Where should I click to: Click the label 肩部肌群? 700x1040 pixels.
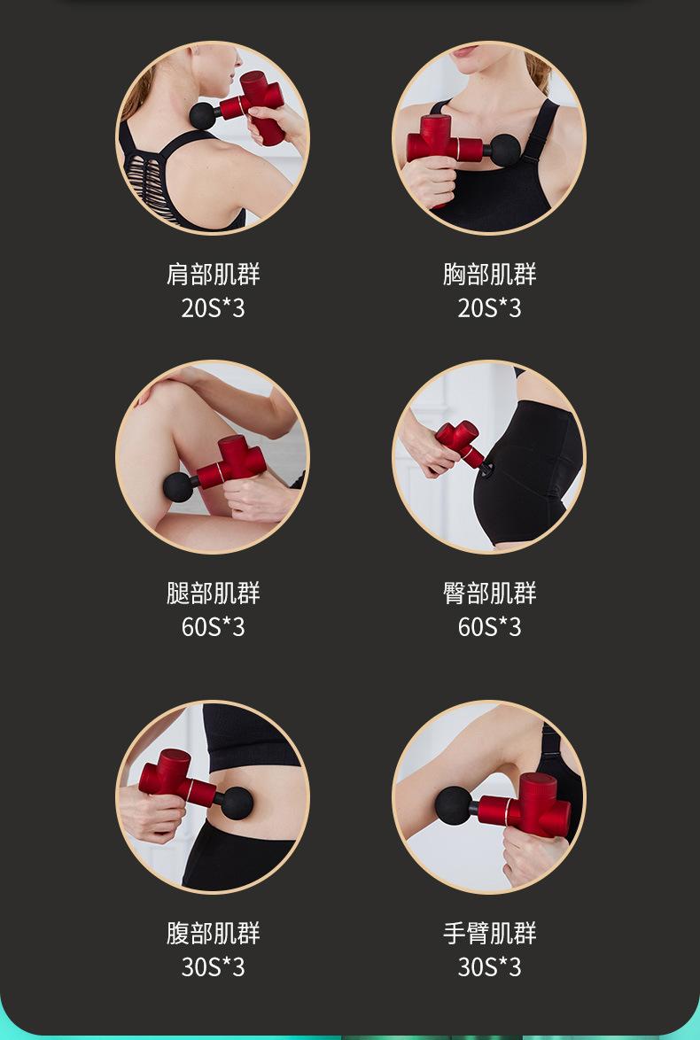pyautogui.click(x=213, y=275)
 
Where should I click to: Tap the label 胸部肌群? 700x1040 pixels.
pyautogui.click(x=489, y=275)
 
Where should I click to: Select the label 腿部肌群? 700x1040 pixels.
pyautogui.click(x=213, y=594)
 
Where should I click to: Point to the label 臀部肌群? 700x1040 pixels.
pyautogui.click(x=489, y=594)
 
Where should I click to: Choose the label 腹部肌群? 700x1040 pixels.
pyautogui.click(x=213, y=934)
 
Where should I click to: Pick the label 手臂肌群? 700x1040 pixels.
pyautogui.click(x=489, y=934)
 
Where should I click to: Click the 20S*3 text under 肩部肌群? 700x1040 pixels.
pyautogui.click(x=213, y=308)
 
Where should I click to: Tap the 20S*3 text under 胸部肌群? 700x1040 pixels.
pyautogui.click(x=489, y=308)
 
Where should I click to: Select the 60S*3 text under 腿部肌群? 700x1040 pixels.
pyautogui.click(x=213, y=627)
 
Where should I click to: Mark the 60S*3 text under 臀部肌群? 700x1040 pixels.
pyautogui.click(x=489, y=627)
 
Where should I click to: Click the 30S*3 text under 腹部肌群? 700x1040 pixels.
pyautogui.click(x=213, y=967)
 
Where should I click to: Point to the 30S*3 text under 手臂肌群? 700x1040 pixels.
pyautogui.click(x=489, y=967)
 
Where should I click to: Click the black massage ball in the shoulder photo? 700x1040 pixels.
pyautogui.click(x=204, y=116)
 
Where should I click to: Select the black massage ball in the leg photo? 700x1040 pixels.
pyautogui.click(x=180, y=487)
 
